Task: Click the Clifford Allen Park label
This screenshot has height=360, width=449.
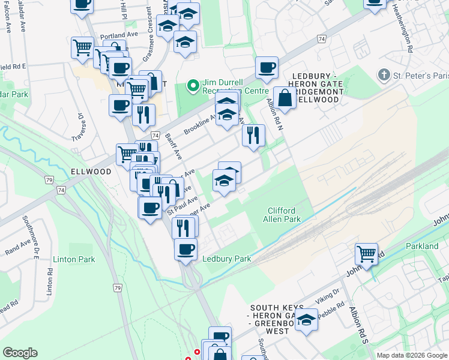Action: tap(281, 215)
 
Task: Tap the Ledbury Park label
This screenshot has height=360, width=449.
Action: tap(226, 259)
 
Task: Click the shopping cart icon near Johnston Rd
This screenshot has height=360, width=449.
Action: tap(366, 253)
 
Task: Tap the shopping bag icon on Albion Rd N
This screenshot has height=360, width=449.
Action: tap(285, 98)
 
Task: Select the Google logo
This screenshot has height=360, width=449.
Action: tap(20, 353)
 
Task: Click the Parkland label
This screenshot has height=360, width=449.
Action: tap(422, 246)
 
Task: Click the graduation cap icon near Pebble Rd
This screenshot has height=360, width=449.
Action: tap(306, 320)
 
